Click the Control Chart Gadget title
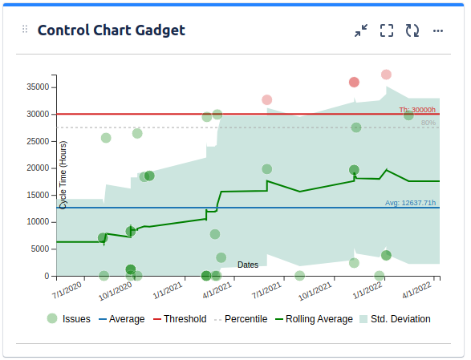click(x=112, y=30)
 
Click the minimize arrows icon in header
click(x=361, y=30)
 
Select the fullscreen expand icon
click(x=387, y=30)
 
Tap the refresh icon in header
click(x=412, y=30)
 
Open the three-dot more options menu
click(x=438, y=30)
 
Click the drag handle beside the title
click(x=25, y=30)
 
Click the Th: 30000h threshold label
click(x=417, y=110)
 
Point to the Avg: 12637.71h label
click(x=410, y=203)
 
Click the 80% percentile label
click(x=428, y=123)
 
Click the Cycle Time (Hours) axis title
click(x=63, y=175)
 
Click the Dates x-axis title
click(x=248, y=265)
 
